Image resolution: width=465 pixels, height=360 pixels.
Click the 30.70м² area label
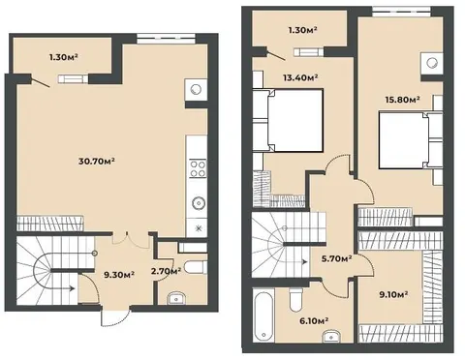(x=97, y=161)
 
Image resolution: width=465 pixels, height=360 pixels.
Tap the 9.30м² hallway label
(x=119, y=275)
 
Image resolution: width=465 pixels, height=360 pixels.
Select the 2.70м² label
(x=166, y=272)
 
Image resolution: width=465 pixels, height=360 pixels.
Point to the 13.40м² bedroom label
(x=300, y=77)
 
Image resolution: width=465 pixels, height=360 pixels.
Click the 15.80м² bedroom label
(x=402, y=100)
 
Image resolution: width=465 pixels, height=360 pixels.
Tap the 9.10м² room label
(x=392, y=294)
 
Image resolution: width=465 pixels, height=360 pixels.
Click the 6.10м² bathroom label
(x=313, y=320)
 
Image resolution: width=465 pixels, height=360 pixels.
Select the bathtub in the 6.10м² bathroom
(x=263, y=315)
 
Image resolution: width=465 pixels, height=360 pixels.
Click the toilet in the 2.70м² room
(x=195, y=268)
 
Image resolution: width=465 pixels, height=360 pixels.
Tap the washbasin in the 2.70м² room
(x=175, y=299)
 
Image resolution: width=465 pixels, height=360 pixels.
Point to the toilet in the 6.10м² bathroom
(x=295, y=299)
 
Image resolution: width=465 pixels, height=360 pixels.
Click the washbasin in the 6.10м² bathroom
(x=330, y=336)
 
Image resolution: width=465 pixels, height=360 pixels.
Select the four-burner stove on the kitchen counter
(x=198, y=168)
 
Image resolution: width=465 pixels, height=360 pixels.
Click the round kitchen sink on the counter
(x=198, y=203)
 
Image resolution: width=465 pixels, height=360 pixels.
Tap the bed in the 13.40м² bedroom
(x=294, y=120)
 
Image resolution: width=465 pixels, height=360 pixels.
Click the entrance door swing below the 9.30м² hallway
(x=115, y=319)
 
